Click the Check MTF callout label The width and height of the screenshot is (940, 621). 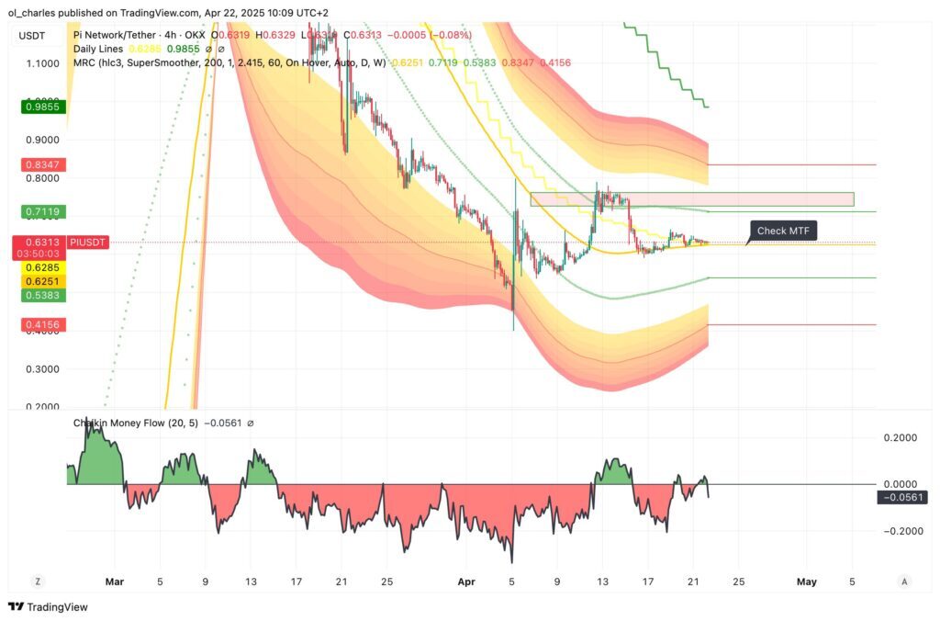tap(783, 231)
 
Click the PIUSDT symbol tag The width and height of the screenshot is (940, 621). tap(89, 243)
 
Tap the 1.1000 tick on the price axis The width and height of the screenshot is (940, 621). tap(42, 63)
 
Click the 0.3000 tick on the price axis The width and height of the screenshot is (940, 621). tap(42, 369)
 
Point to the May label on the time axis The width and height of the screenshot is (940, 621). tap(806, 581)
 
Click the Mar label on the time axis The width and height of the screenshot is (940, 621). tap(114, 581)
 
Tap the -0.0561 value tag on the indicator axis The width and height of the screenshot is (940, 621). tap(902, 497)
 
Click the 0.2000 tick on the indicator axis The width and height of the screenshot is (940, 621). tap(901, 438)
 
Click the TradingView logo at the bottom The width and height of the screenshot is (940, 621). tap(45, 607)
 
